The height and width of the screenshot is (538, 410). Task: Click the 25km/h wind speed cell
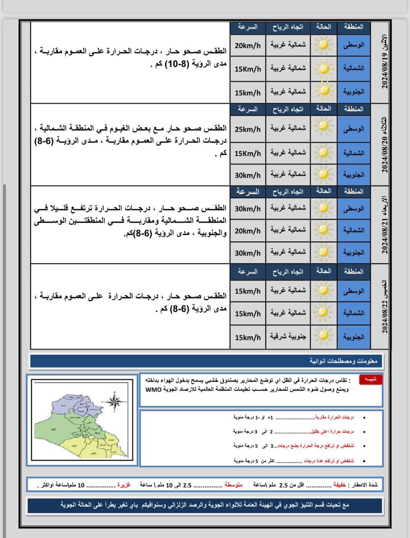point(248,129)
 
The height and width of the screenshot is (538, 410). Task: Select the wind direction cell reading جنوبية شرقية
point(288,337)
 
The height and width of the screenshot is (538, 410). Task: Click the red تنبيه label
point(371,380)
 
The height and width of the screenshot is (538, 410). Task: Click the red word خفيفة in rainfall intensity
point(340,485)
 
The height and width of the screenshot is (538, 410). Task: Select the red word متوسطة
point(233,485)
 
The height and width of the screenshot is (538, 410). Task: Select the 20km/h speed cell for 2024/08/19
point(248,45)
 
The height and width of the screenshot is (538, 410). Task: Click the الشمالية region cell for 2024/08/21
point(354,230)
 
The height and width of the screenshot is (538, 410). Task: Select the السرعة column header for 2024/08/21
point(248,192)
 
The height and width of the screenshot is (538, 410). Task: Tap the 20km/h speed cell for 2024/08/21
point(248,231)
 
